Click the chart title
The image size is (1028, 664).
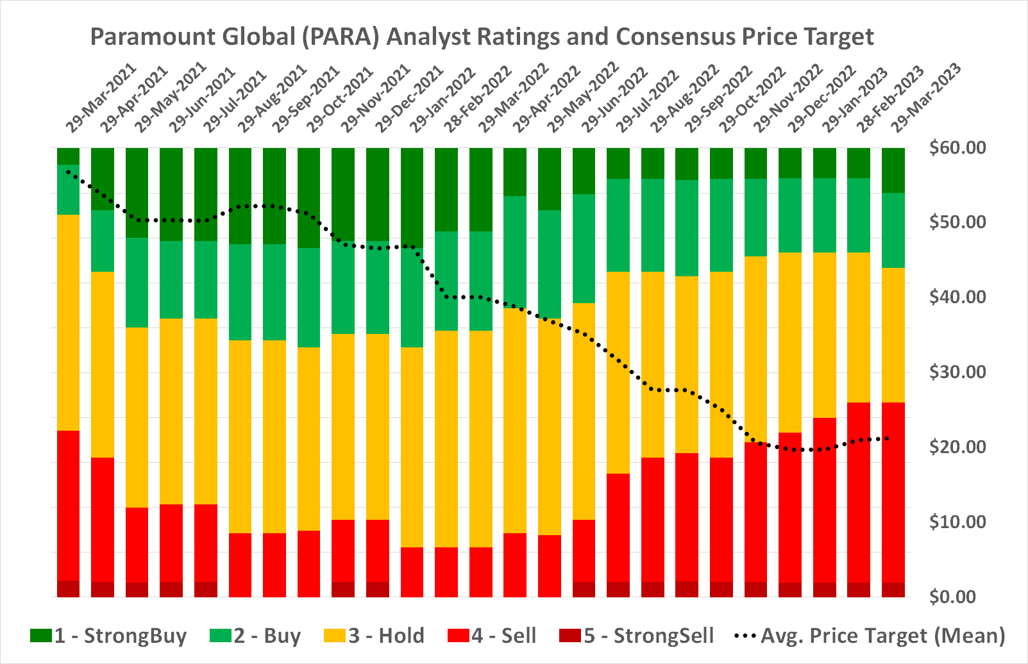(x=482, y=37)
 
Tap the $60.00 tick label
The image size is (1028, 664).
(x=957, y=148)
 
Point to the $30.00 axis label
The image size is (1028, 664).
(x=957, y=372)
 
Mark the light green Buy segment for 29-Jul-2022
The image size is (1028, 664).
(x=653, y=225)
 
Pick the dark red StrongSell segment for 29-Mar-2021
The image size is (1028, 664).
(x=68, y=589)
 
